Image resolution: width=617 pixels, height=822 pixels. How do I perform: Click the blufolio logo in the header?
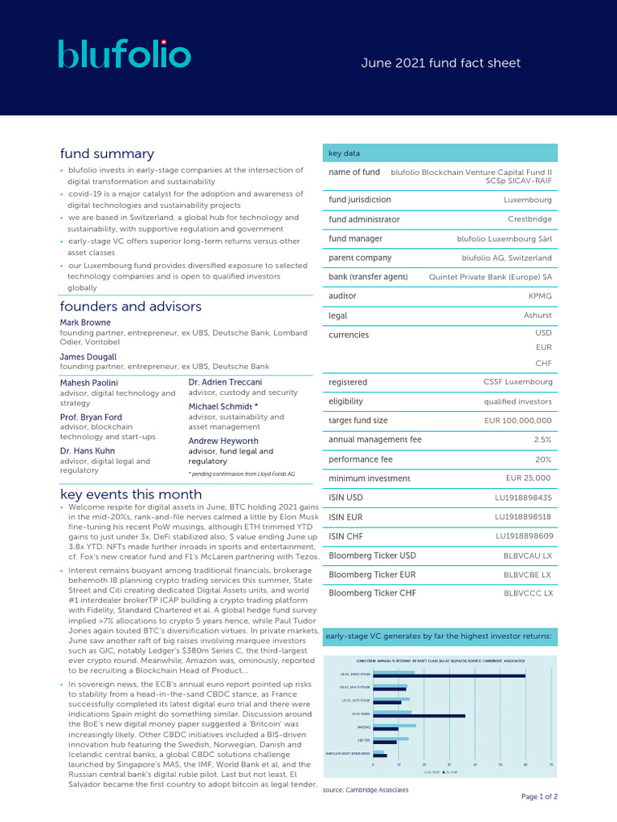pos(125,55)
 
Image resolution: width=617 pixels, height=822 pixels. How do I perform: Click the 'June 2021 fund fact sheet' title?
pos(441,63)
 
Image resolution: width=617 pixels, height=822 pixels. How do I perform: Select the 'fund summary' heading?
pos(107,153)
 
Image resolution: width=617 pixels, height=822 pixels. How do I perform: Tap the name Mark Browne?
pos(85,323)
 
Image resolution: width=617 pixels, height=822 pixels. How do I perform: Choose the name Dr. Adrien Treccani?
pos(225,382)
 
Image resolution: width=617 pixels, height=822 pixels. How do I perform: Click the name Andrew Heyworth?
pos(223,441)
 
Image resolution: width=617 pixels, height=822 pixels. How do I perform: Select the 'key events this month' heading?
pos(131,494)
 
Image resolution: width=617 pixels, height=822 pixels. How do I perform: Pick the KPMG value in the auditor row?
pos(540,296)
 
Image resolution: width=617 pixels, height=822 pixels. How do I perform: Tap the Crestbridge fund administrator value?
pos(529,219)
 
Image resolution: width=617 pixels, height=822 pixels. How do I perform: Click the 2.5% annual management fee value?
pos(542,440)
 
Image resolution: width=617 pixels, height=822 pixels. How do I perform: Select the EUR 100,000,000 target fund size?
pos(517,421)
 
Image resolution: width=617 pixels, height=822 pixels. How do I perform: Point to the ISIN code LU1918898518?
pos(523,517)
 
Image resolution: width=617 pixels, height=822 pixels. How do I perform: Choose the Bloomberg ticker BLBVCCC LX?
pos(528,594)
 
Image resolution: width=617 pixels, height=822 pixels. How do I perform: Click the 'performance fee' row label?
pos(361,459)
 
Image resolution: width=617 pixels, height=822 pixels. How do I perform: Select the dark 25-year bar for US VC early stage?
pos(449,676)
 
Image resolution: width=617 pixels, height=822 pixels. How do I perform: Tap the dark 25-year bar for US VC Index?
pos(419,715)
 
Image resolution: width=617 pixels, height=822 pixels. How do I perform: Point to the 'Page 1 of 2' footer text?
pos(539,797)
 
